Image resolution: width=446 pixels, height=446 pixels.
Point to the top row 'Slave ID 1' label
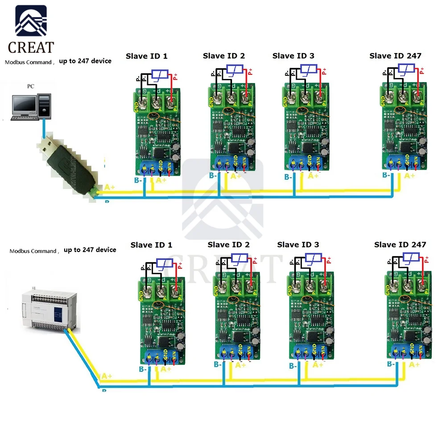click(147, 56)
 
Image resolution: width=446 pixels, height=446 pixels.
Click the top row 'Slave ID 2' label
click(224, 56)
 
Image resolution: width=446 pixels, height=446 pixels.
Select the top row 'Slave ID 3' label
click(293, 56)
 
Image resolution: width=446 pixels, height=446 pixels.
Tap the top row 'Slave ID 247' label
click(395, 56)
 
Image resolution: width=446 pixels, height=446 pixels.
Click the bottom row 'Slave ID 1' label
click(151, 245)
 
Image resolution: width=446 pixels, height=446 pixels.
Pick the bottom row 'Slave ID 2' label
click(229, 244)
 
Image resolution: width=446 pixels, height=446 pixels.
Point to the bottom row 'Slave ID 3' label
click(298, 244)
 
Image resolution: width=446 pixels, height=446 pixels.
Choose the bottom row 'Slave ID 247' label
click(400, 244)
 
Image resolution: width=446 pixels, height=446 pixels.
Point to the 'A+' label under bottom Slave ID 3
click(317, 365)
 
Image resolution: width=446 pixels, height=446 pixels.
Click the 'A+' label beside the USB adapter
click(110, 188)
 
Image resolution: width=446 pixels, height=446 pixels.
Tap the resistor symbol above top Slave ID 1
click(160, 74)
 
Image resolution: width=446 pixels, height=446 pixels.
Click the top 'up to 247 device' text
click(85, 61)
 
